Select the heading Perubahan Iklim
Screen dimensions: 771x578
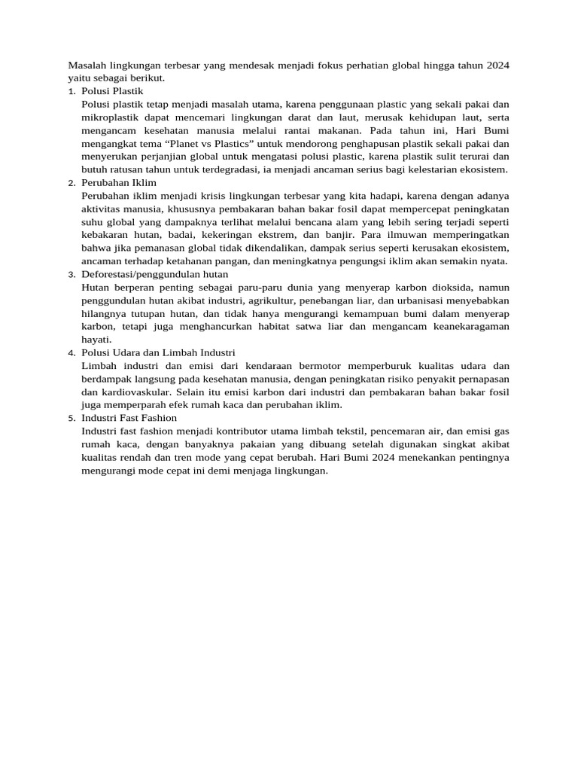(119, 182)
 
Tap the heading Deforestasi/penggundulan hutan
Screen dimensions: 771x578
(155, 274)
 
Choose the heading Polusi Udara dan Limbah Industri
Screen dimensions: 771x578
(158, 352)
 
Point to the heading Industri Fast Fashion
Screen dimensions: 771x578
(129, 417)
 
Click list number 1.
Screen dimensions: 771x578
(71, 91)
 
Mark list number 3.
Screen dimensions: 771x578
(71, 275)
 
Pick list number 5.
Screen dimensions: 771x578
(71, 418)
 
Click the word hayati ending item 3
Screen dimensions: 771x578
(96, 340)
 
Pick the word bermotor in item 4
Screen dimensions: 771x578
(306, 365)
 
